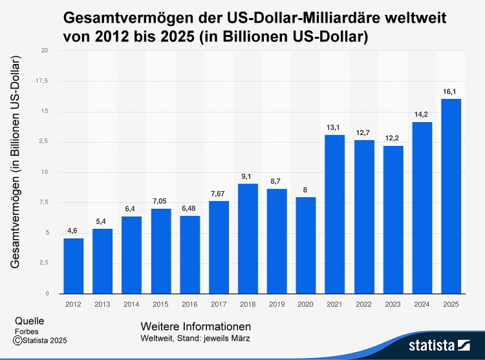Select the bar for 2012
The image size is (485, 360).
(73, 266)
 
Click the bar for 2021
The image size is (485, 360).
(334, 214)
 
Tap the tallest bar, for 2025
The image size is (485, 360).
(451, 196)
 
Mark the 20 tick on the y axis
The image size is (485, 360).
(43, 50)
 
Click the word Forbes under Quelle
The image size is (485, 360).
(27, 332)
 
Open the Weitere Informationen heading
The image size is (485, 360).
(195, 326)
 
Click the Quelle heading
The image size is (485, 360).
(29, 321)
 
